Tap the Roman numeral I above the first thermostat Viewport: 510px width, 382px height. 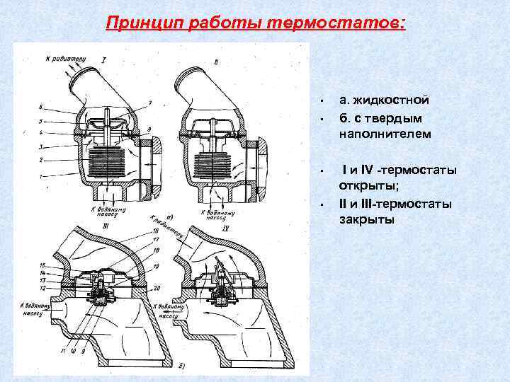104,59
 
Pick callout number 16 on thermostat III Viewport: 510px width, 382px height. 154,231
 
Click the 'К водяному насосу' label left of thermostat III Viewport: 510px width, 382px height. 35,309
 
